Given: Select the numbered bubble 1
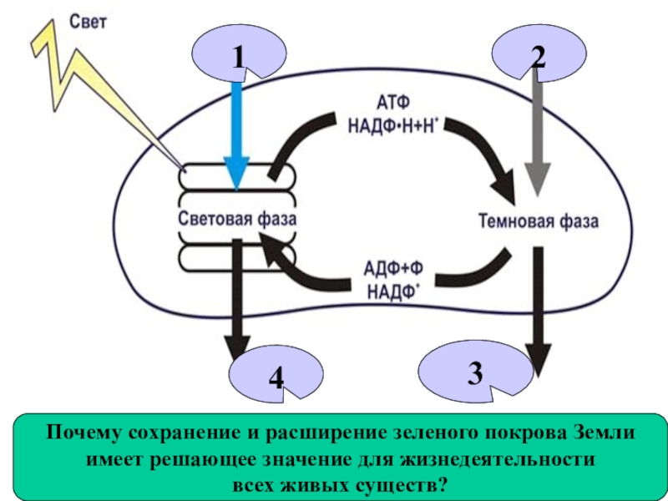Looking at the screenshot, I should point(237,56).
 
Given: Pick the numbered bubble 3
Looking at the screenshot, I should point(474,372).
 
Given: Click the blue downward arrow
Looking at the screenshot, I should point(239,134).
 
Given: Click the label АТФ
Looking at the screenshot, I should point(391,104).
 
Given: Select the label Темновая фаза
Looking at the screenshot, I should point(538,221).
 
